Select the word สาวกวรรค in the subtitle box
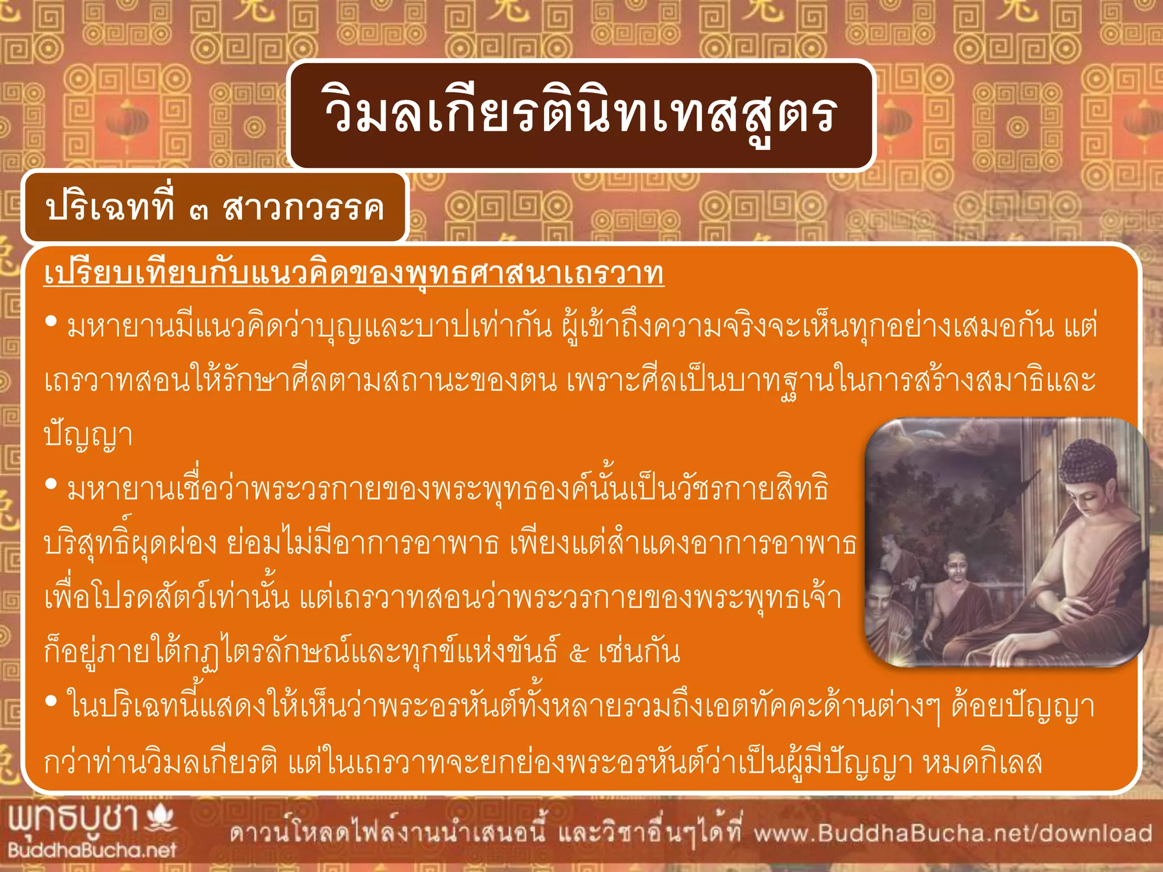click(x=304, y=208)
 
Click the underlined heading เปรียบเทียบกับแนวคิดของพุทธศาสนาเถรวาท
click(x=354, y=274)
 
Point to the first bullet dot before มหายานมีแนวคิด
click(x=51, y=322)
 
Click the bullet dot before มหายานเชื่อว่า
click(x=51, y=484)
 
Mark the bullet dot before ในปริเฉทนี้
click(x=51, y=701)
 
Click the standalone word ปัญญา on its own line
click(x=89, y=436)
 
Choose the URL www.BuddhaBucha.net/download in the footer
click(x=953, y=833)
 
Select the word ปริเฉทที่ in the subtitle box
click(x=110, y=208)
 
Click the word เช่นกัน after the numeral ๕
click(x=639, y=652)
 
